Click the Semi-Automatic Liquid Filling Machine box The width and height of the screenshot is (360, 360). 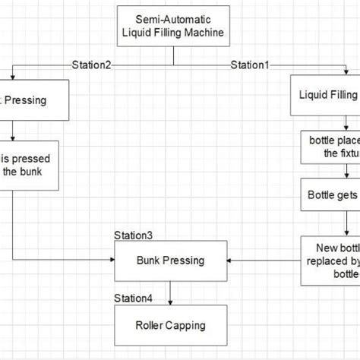(175, 25)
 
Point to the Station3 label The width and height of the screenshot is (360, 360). (134, 235)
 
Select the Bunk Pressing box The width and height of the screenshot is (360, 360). (170, 261)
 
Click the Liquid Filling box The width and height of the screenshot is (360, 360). (325, 95)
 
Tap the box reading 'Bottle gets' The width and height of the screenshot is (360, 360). (330, 194)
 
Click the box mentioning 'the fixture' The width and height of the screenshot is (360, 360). (330, 146)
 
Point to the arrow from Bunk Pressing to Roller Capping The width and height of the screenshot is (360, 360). (170, 292)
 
